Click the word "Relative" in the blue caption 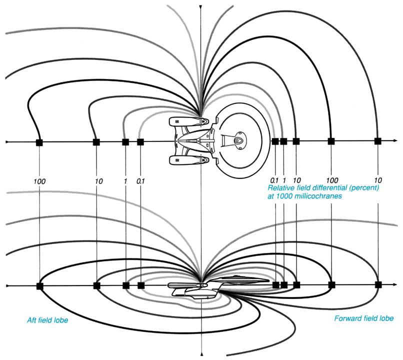(x=280, y=188)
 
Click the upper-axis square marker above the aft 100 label (x=39, y=142)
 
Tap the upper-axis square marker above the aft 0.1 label (x=140, y=142)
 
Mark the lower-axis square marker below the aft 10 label (x=96, y=286)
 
